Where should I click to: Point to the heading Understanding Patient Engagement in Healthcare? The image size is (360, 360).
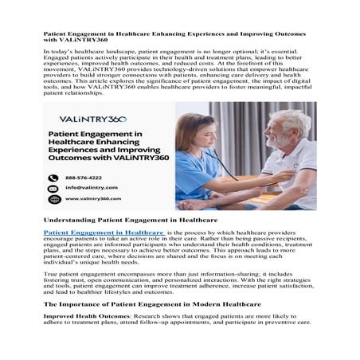[131, 217]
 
